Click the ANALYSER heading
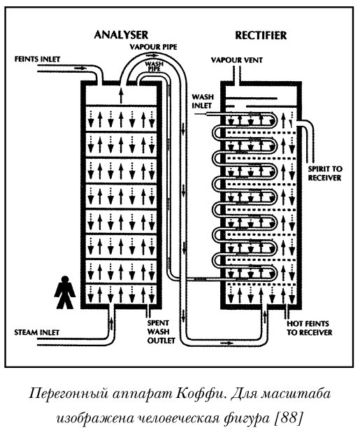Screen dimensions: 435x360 pyautogui.click(x=123, y=34)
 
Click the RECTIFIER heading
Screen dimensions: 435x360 pyautogui.click(x=261, y=34)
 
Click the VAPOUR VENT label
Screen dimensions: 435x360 pyautogui.click(x=238, y=61)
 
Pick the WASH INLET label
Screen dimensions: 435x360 pyautogui.click(x=202, y=102)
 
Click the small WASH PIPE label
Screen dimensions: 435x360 pyautogui.click(x=153, y=66)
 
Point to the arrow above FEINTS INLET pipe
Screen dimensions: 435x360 pyautogui.click(x=79, y=69)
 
